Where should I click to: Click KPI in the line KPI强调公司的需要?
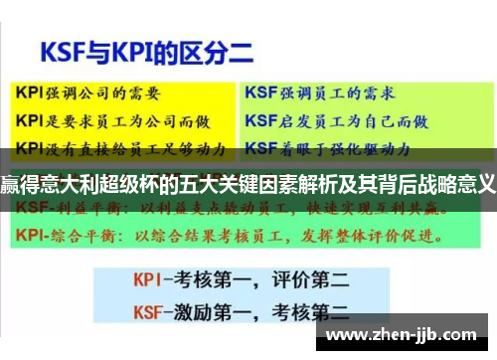click(x=30, y=90)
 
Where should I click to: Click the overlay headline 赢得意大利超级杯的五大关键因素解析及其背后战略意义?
click(x=248, y=184)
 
